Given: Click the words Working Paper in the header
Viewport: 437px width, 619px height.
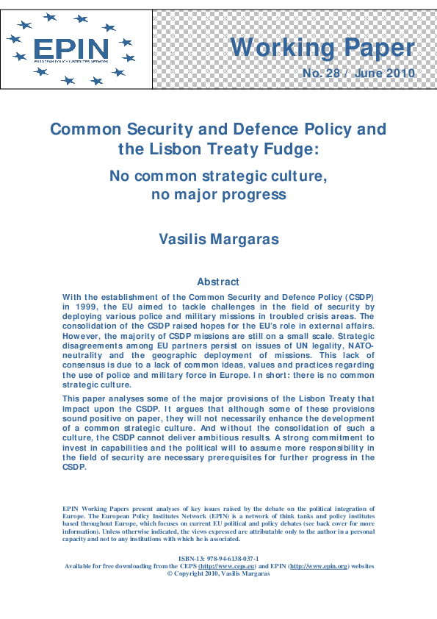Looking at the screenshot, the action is click(322, 47).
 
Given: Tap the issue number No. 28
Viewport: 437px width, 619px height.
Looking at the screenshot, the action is click(322, 74).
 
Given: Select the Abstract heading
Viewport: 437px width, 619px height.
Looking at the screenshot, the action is click(218, 282).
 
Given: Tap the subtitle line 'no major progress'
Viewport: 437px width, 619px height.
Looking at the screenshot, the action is click(218, 195).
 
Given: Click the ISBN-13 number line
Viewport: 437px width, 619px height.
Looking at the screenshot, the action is click(218, 559).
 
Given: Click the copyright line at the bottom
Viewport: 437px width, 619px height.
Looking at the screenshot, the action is click(218, 573).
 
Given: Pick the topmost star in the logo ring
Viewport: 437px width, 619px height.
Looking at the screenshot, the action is click(51, 17).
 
